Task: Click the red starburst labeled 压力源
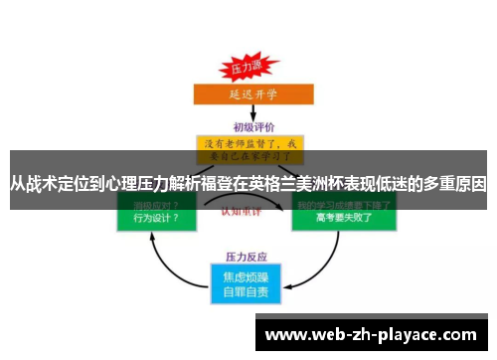click(x=245, y=67)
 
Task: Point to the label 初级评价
click(x=248, y=127)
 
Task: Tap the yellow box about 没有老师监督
click(x=248, y=149)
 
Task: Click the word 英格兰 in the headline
click(x=287, y=184)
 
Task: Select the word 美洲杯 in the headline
click(x=336, y=184)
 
